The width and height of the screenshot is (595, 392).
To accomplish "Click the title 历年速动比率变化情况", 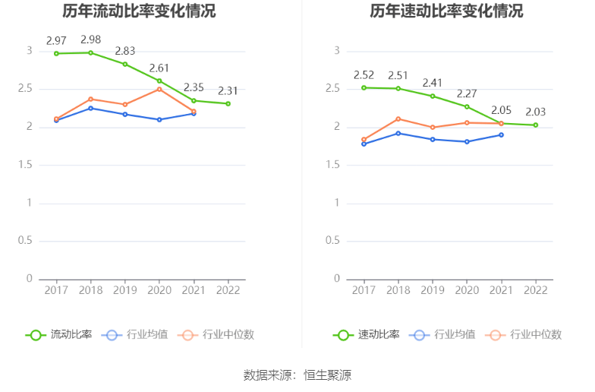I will (446, 11).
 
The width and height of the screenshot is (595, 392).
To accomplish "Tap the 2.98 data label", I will (90, 39).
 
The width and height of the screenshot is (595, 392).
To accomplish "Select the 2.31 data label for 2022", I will (228, 90).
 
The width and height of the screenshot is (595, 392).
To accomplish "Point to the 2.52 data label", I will (364, 74).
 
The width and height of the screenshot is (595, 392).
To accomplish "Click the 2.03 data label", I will (536, 112).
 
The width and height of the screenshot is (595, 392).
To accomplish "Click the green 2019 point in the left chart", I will (124, 64).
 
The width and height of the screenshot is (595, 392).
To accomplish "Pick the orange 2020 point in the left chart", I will (159, 89).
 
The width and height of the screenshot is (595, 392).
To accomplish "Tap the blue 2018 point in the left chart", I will (90, 108).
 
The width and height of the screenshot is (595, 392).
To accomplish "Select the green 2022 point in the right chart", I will (536, 125).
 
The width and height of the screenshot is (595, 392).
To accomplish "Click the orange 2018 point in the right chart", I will (398, 119).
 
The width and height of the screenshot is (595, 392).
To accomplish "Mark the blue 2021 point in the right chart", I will (502, 134).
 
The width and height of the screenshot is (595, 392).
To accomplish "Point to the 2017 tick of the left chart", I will (55, 290).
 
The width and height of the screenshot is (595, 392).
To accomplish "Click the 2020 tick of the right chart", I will (467, 290).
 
